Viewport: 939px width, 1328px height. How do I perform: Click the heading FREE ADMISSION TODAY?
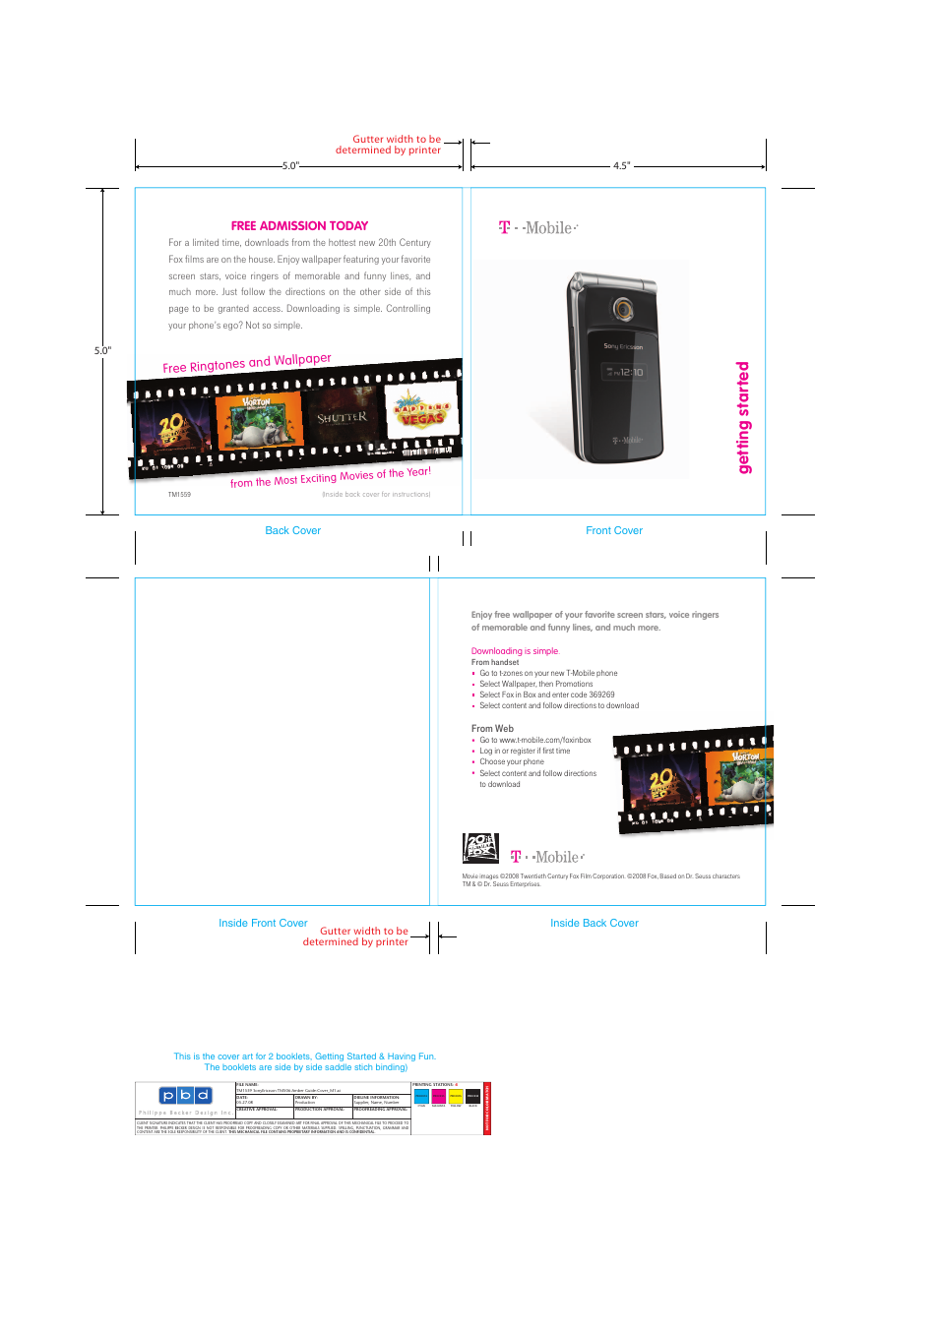coord(299,226)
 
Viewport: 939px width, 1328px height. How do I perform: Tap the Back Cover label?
coord(292,531)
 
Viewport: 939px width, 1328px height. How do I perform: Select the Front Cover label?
coord(613,531)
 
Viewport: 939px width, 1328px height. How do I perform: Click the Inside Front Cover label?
coord(263,924)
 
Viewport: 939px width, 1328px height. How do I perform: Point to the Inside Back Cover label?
coord(594,924)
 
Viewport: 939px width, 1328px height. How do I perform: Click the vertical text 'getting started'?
coord(743,417)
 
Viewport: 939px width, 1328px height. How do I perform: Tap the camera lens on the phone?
coord(622,309)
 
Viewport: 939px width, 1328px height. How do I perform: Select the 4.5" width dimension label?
coord(621,166)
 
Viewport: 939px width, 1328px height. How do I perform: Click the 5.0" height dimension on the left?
coord(102,350)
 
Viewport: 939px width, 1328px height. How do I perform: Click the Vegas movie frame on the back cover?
coord(421,414)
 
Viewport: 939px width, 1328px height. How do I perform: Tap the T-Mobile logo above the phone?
coord(537,228)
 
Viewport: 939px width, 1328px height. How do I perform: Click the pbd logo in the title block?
coord(185,1096)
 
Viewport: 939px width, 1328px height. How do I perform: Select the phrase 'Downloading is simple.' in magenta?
coord(515,651)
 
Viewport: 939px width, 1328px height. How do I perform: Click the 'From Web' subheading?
coord(492,729)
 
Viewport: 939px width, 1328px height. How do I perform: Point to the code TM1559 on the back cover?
coord(179,495)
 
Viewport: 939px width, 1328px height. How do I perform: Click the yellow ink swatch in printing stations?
coord(456,1096)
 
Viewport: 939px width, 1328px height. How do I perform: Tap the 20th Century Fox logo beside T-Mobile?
coord(480,848)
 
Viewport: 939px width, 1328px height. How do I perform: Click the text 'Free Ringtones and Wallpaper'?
coord(247,363)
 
